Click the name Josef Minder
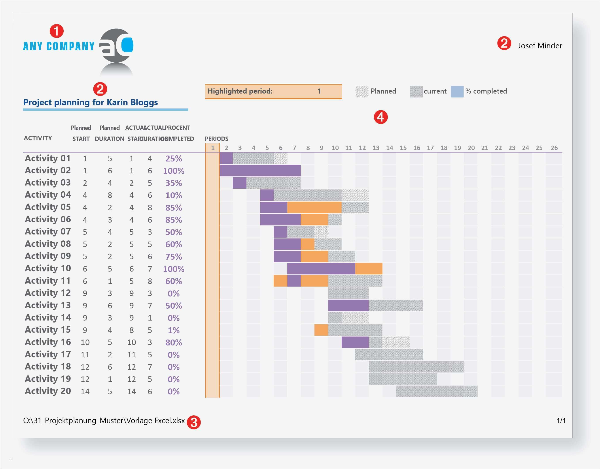[540, 46]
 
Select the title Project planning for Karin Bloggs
[90, 102]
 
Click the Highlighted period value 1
[319, 91]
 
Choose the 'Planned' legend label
[383, 91]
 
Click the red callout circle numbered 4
[380, 117]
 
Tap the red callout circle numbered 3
[194, 422]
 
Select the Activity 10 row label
[48, 268]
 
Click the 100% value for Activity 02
[173, 171]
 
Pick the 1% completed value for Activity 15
[173, 330]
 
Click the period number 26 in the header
[554, 148]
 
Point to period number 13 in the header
[376, 148]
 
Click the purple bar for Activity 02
[260, 171]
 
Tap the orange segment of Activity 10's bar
[368, 268]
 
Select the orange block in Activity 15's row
[321, 330]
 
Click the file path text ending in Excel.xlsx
[104, 421]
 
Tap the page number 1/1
[561, 421]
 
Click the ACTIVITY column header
[38, 138]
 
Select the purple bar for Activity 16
[355, 342]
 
